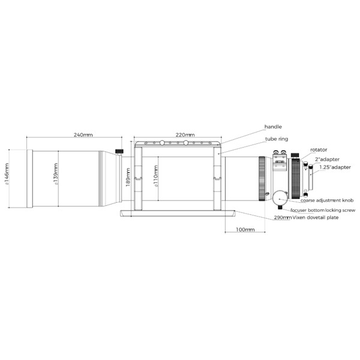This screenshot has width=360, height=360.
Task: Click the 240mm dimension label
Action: (x=83, y=135)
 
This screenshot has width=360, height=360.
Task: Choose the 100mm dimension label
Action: (x=245, y=230)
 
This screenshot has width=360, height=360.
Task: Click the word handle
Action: (x=273, y=127)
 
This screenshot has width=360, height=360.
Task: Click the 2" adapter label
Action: (x=326, y=160)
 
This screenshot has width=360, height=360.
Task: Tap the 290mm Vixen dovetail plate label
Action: (x=306, y=218)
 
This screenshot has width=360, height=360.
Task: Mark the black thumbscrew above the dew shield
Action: (x=119, y=151)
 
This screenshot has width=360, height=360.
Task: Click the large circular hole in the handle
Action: (x=162, y=143)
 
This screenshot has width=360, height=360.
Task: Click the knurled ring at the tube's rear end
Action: (x=262, y=178)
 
